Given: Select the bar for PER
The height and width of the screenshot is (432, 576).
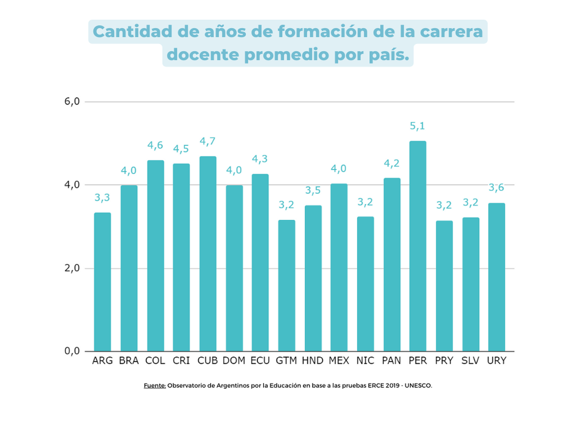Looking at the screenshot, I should tap(418, 246).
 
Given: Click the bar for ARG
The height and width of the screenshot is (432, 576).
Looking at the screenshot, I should tap(102, 282).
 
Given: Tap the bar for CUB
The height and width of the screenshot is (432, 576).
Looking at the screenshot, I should tap(207, 253).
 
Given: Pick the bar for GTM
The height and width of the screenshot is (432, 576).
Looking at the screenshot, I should tap(287, 286).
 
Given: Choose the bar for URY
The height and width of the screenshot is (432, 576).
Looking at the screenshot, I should tap(496, 277).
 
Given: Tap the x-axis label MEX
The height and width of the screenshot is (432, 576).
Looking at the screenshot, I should tap(339, 361).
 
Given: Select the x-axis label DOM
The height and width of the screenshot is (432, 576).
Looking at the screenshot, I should tap(234, 361).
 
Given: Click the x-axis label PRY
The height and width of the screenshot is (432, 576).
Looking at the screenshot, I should tap(444, 361).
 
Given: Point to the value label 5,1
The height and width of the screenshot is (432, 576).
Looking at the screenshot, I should tap(418, 126).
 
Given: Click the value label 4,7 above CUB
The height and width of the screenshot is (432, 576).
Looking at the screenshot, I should tap(207, 142).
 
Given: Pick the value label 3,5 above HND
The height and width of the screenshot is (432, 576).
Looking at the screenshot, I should tap(312, 191).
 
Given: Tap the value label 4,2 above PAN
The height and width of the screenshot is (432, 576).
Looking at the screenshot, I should tap(392, 164).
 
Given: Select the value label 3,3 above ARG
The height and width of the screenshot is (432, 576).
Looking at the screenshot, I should tap(102, 198).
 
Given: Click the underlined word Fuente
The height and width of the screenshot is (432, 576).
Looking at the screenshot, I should tap(155, 385).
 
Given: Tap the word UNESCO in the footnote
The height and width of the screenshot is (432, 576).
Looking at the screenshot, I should tap(420, 385).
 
